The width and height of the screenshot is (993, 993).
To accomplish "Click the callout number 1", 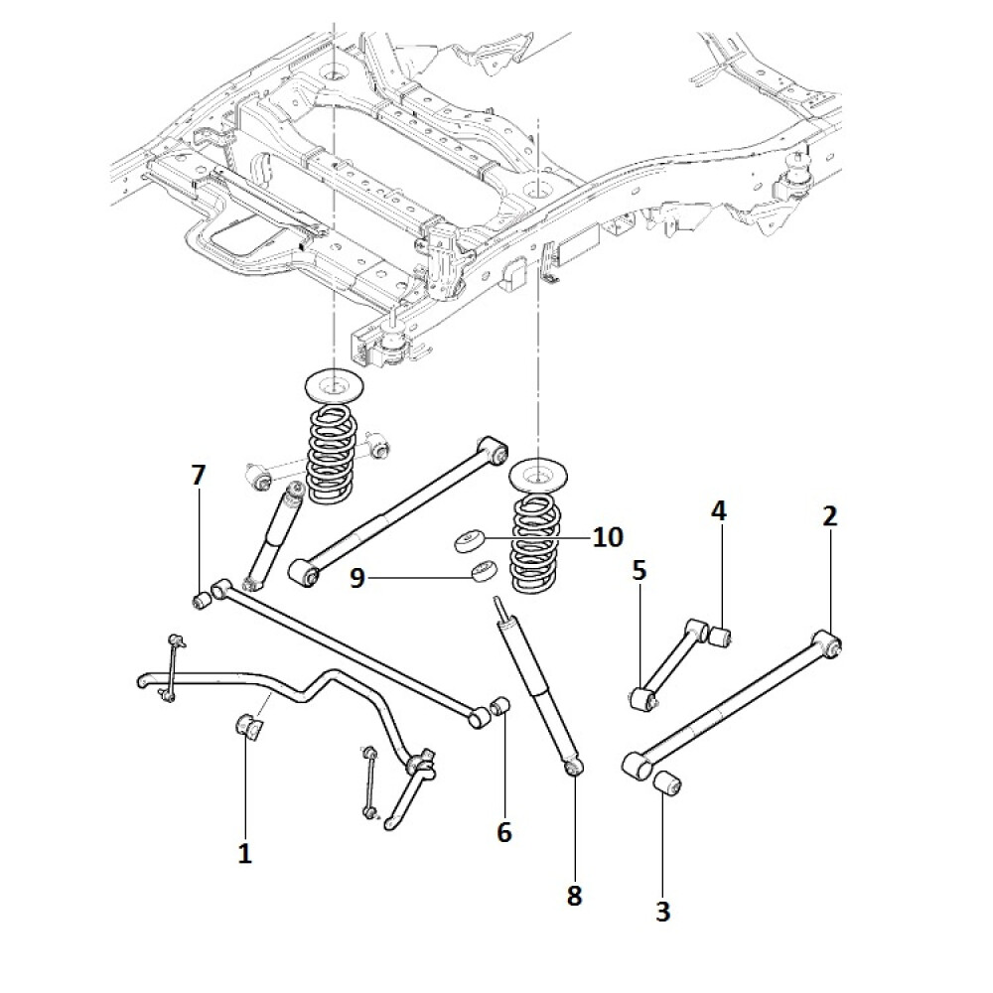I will click(244, 852).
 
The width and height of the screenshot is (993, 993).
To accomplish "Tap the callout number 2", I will click(829, 515).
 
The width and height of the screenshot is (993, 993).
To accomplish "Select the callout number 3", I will click(663, 911).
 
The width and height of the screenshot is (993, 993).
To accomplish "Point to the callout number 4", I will click(718, 511).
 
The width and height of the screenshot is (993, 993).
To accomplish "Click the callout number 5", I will click(638, 570).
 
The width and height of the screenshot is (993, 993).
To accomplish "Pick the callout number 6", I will click(503, 832).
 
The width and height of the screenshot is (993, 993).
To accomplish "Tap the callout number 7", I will click(198, 476).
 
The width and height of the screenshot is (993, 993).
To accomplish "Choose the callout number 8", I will click(574, 895).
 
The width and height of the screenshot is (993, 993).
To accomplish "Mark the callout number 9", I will click(357, 577).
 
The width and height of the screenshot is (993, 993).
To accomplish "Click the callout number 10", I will click(608, 537).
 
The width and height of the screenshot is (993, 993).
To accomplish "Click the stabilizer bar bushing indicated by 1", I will click(247, 727).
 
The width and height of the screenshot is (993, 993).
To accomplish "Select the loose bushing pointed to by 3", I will click(667, 783).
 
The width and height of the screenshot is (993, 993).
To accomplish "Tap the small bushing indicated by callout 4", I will click(721, 635).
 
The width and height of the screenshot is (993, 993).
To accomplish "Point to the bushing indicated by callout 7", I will click(201, 600).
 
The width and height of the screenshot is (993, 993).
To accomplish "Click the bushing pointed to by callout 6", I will click(501, 706).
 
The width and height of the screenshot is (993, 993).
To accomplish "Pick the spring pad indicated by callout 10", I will click(468, 542).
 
